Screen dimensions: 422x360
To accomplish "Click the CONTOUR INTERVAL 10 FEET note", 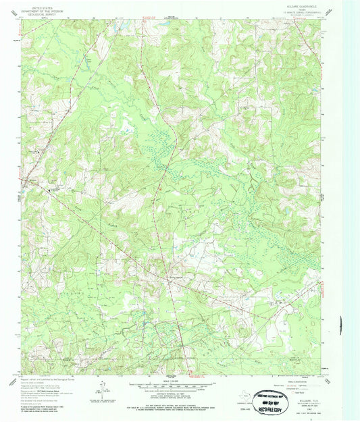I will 179,394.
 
